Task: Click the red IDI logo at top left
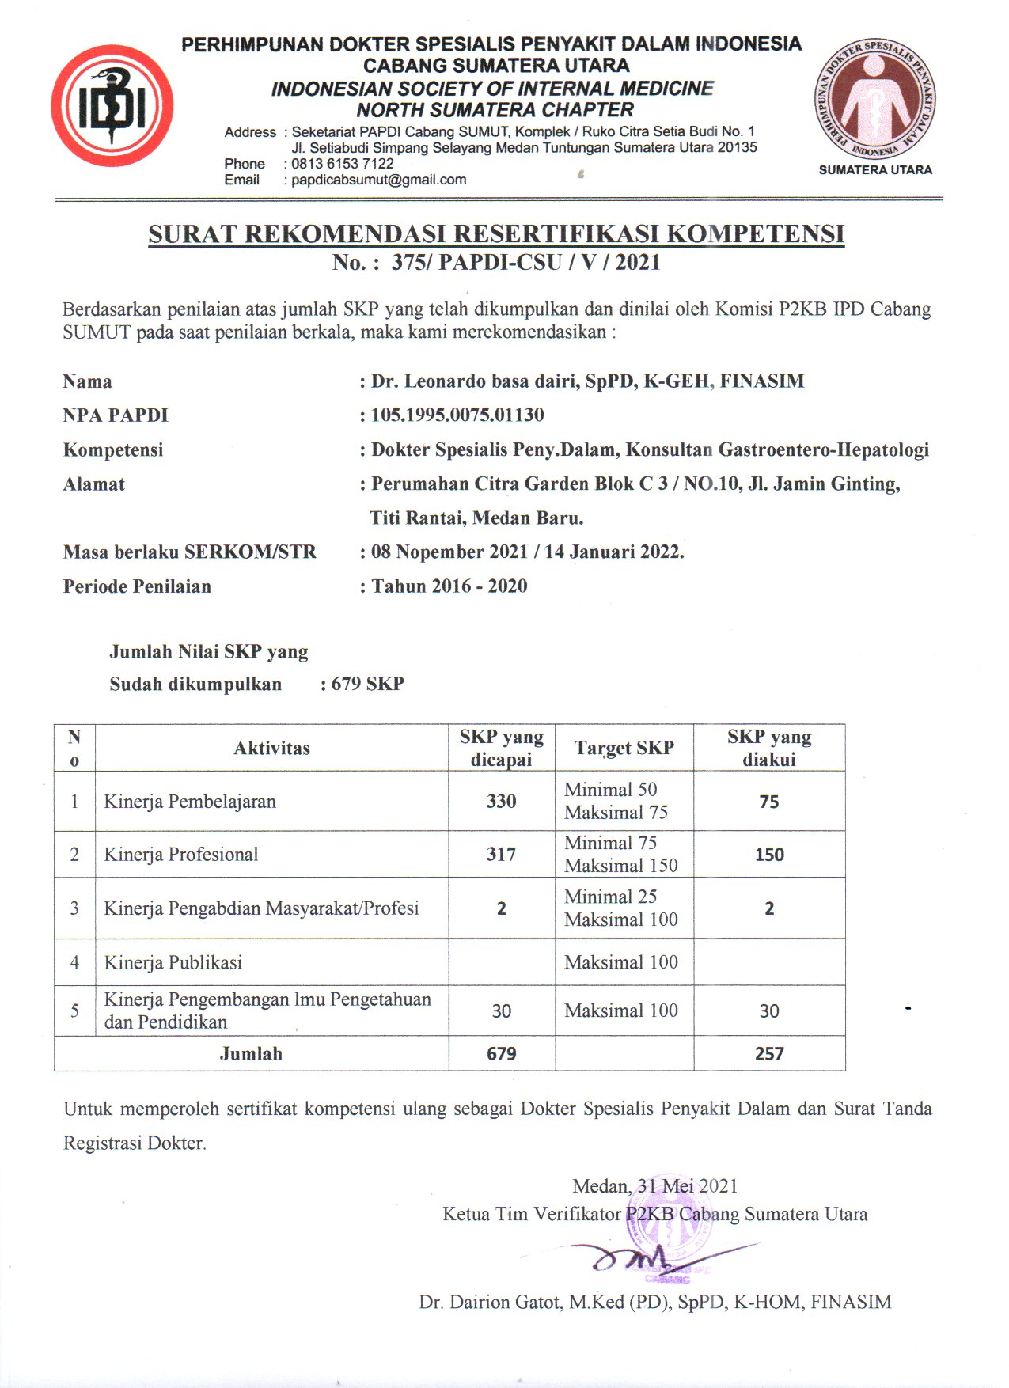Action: point(112,106)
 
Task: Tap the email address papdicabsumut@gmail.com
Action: point(379,180)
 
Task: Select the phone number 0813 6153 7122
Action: point(343,164)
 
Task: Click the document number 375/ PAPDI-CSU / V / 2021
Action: point(525,263)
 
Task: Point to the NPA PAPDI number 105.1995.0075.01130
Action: point(457,415)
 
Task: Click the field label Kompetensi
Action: point(113,449)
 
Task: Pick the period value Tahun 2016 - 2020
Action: point(449,586)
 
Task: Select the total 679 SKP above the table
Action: point(367,684)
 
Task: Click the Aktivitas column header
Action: point(271,748)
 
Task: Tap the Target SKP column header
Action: point(624,748)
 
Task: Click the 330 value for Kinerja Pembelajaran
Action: point(501,801)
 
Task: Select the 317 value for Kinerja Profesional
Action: point(501,854)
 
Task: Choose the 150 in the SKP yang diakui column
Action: point(769,855)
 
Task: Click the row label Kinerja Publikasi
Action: point(173,962)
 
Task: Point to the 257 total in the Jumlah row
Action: point(769,1053)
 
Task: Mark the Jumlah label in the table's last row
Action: point(251,1053)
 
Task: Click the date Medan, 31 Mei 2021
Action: point(654,1185)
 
